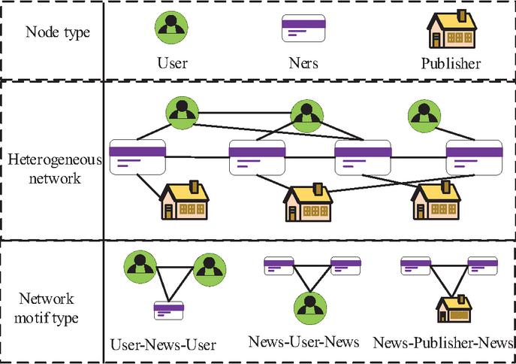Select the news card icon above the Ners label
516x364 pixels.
click(x=303, y=27)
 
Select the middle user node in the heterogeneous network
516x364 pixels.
click(x=305, y=115)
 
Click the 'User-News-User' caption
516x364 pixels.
click(x=163, y=345)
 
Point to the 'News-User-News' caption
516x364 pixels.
click(x=304, y=343)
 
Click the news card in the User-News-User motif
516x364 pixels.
click(x=169, y=309)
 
